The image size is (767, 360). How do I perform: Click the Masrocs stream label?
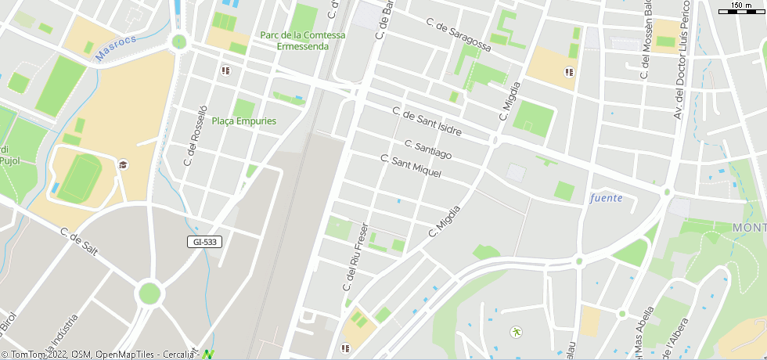[116, 48]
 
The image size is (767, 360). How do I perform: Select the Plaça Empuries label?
[244, 121]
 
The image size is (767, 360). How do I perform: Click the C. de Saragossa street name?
[459, 35]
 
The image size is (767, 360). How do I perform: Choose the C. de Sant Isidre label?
[427, 122]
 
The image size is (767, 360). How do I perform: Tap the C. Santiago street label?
[428, 149]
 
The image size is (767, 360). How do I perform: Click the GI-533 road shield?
[205, 242]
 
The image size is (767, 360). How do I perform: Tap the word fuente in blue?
[607, 198]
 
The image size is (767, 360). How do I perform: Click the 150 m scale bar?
[740, 8]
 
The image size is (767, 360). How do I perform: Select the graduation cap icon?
[123, 164]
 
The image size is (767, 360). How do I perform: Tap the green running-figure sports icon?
[516, 332]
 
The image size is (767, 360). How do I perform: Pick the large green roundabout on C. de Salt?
[149, 293]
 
